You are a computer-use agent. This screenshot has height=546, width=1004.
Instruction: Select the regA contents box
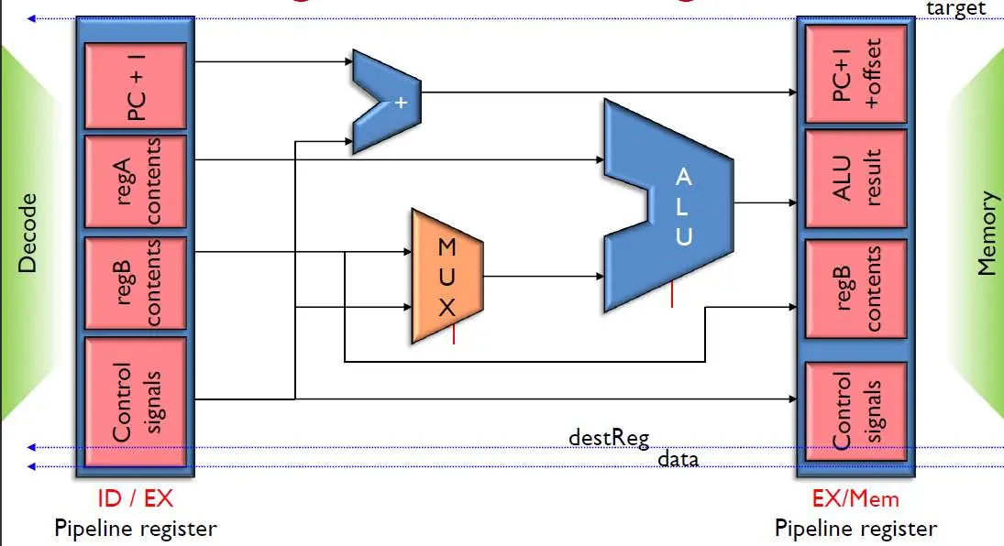pos(135,181)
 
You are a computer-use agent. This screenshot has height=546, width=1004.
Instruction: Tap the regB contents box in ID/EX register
pos(135,282)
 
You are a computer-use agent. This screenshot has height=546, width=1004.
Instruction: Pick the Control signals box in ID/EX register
pos(135,403)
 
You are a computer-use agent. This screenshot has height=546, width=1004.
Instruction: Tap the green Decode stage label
pos(28,233)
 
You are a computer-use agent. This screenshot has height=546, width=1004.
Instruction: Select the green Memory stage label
pos(987,233)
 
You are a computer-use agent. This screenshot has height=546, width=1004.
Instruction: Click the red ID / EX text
pos(135,498)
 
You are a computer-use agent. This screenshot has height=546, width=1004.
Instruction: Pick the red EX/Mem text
pos(855,498)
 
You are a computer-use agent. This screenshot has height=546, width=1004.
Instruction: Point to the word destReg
pos(609,437)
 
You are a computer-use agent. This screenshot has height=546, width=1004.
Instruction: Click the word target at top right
pos(956,8)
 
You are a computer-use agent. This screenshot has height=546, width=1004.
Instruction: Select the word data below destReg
pos(678,458)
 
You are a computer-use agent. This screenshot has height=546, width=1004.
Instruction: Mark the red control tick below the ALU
pos(672,295)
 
